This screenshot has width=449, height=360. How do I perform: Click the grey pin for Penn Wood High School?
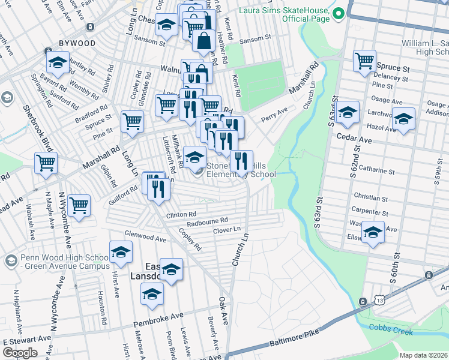click(x=11, y=261)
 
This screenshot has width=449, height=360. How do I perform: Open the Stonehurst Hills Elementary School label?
click(x=241, y=170)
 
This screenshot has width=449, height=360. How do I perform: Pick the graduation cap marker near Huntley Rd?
click(x=58, y=62)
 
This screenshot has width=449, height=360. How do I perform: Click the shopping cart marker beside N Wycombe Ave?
click(x=79, y=205)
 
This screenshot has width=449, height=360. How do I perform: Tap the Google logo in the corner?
click(x=20, y=353)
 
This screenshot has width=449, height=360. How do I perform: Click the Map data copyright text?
click(x=424, y=355)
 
